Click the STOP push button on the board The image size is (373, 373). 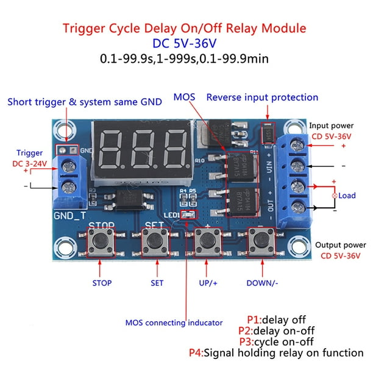click(101, 243)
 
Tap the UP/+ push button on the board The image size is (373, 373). click(207, 243)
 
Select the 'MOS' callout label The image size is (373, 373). click(183, 97)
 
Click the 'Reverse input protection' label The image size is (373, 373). click(262, 97)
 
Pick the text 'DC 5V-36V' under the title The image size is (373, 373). click(186, 44)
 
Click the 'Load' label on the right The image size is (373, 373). click(347, 196)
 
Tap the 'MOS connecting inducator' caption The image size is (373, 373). click(174, 322)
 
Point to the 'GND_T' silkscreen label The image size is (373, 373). click(66, 215)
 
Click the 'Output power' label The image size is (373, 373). click(340, 244)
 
